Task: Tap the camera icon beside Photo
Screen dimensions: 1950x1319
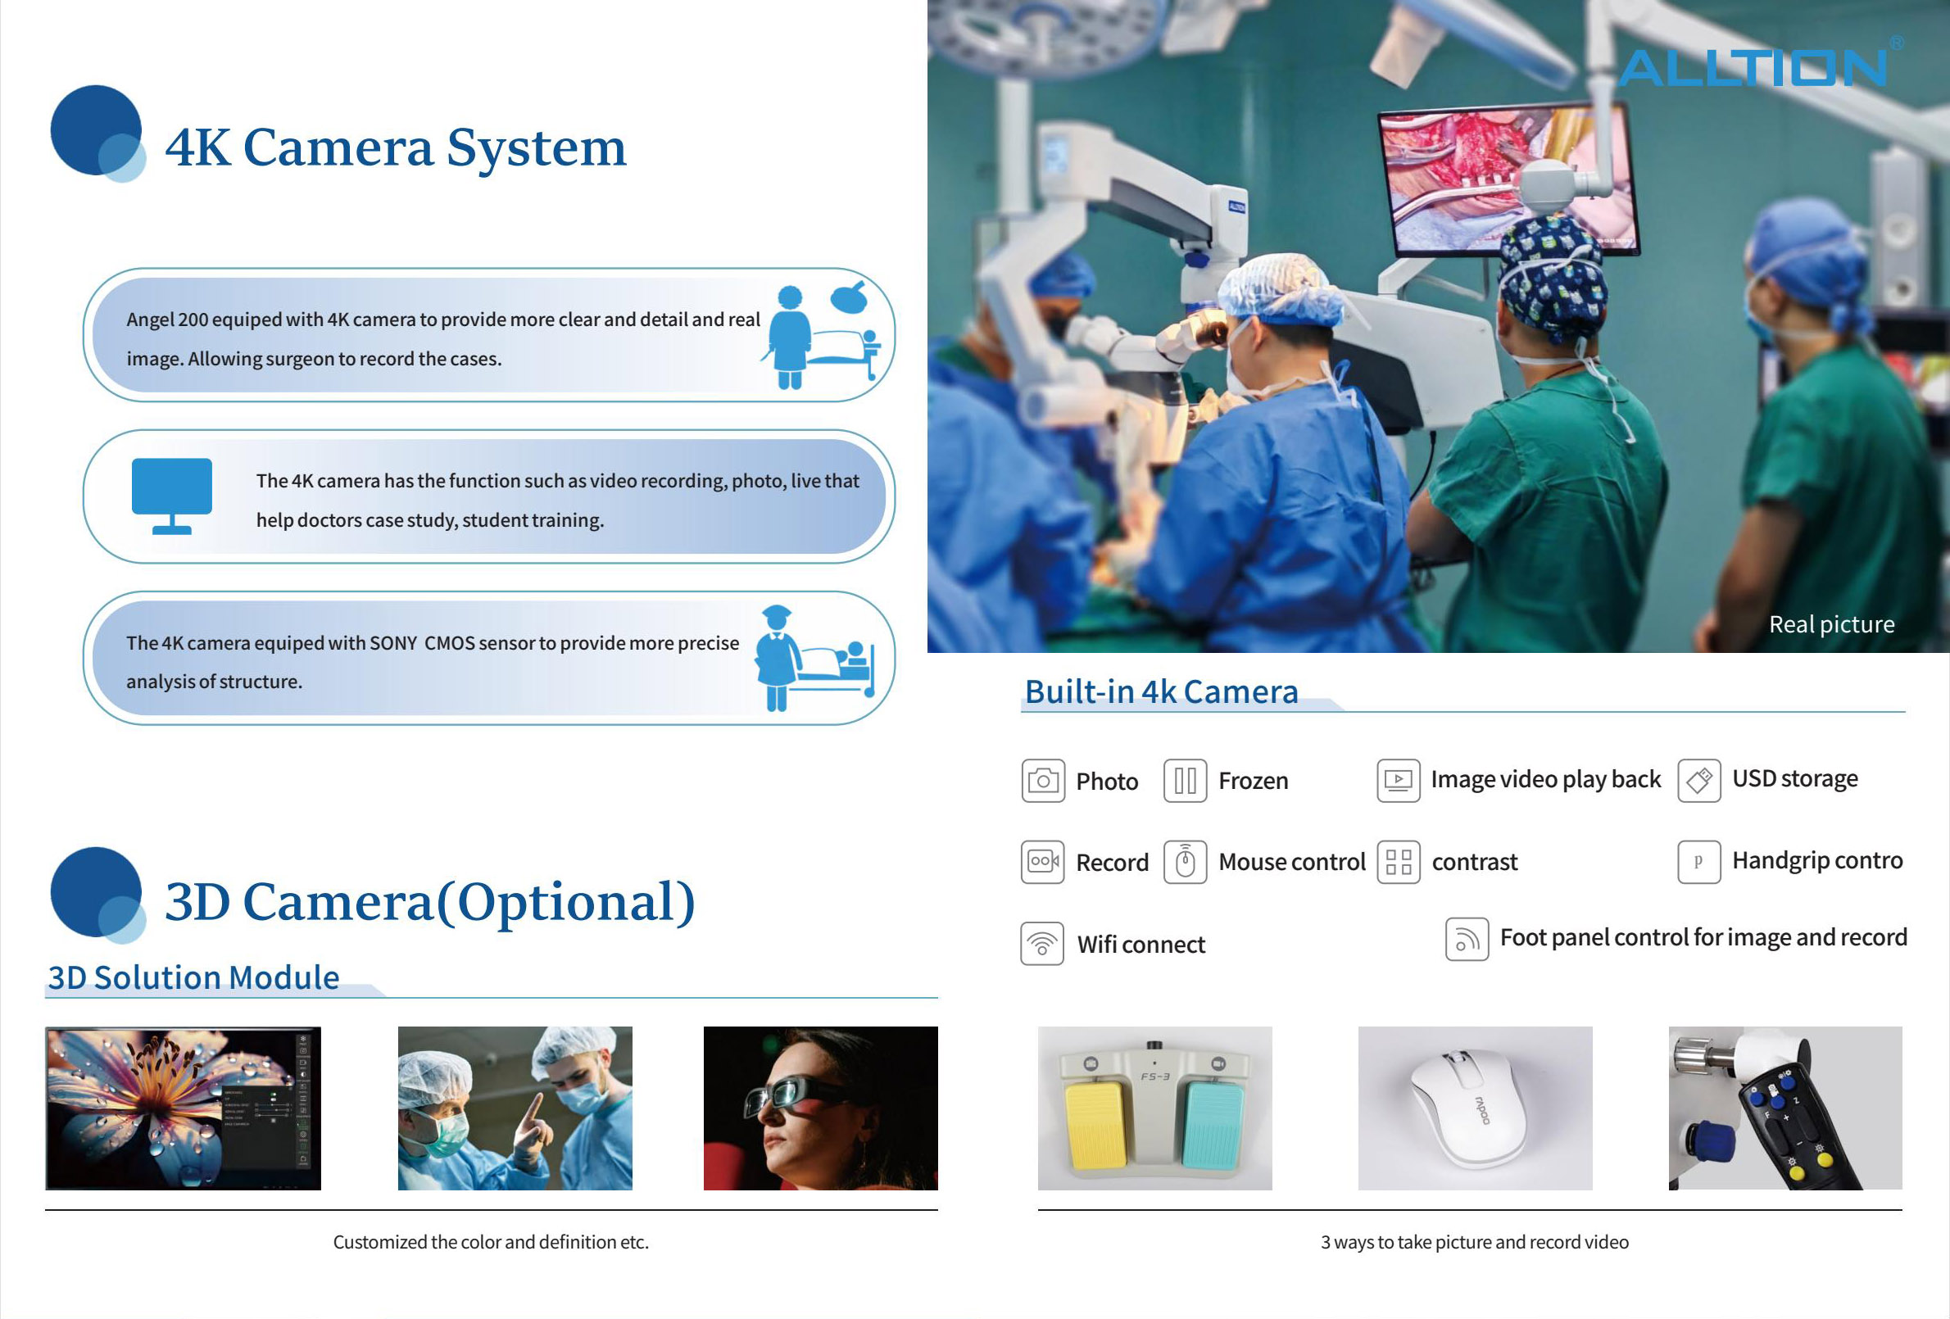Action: coord(1043,780)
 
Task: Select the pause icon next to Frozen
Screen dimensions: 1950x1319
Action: coord(1185,780)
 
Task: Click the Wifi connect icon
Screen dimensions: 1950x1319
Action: coord(1042,944)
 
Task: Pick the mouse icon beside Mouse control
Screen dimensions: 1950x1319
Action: coord(1185,862)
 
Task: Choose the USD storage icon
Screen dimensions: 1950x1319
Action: coord(1699,780)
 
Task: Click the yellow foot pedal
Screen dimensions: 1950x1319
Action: coord(1095,1125)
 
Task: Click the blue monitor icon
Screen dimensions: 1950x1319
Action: coord(172,496)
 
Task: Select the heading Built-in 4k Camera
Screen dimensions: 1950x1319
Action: coord(1161,691)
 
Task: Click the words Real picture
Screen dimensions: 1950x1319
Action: coord(1832,624)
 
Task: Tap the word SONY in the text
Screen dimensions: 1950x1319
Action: coord(392,643)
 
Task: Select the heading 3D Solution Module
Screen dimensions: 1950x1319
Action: coord(194,977)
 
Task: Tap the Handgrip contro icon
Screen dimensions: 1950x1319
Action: coord(1699,862)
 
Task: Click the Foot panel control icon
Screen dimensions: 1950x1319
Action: coord(1467,939)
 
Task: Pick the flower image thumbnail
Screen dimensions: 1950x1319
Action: coord(183,1108)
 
